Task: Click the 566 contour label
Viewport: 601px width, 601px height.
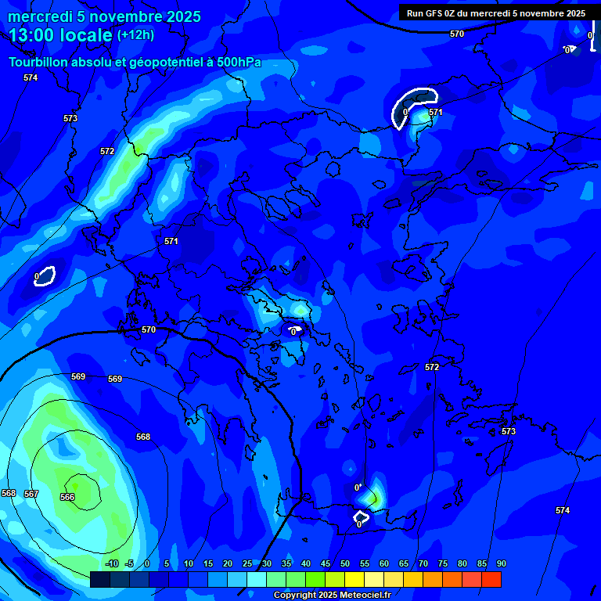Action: [67, 497]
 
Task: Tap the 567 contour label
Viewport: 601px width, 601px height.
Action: [31, 494]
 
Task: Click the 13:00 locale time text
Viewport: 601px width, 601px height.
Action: [60, 35]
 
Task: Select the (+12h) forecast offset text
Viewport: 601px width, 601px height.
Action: [135, 35]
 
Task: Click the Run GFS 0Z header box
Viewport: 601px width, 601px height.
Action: [495, 13]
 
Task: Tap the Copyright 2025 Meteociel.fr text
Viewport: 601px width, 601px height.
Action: [331, 595]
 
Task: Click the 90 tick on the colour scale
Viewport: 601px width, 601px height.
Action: [501, 564]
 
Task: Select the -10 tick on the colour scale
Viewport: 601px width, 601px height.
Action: [112, 564]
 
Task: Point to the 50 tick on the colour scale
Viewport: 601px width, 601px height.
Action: [345, 564]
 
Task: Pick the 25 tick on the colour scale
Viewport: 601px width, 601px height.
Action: [247, 564]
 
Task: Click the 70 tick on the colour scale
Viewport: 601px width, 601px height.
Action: [423, 564]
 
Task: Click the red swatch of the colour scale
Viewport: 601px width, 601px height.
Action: [491, 579]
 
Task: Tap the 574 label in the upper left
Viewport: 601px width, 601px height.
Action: [31, 77]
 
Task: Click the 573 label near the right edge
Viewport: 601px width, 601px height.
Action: [509, 431]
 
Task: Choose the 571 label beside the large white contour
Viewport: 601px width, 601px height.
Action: [436, 112]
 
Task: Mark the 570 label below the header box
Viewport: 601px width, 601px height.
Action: [457, 34]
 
